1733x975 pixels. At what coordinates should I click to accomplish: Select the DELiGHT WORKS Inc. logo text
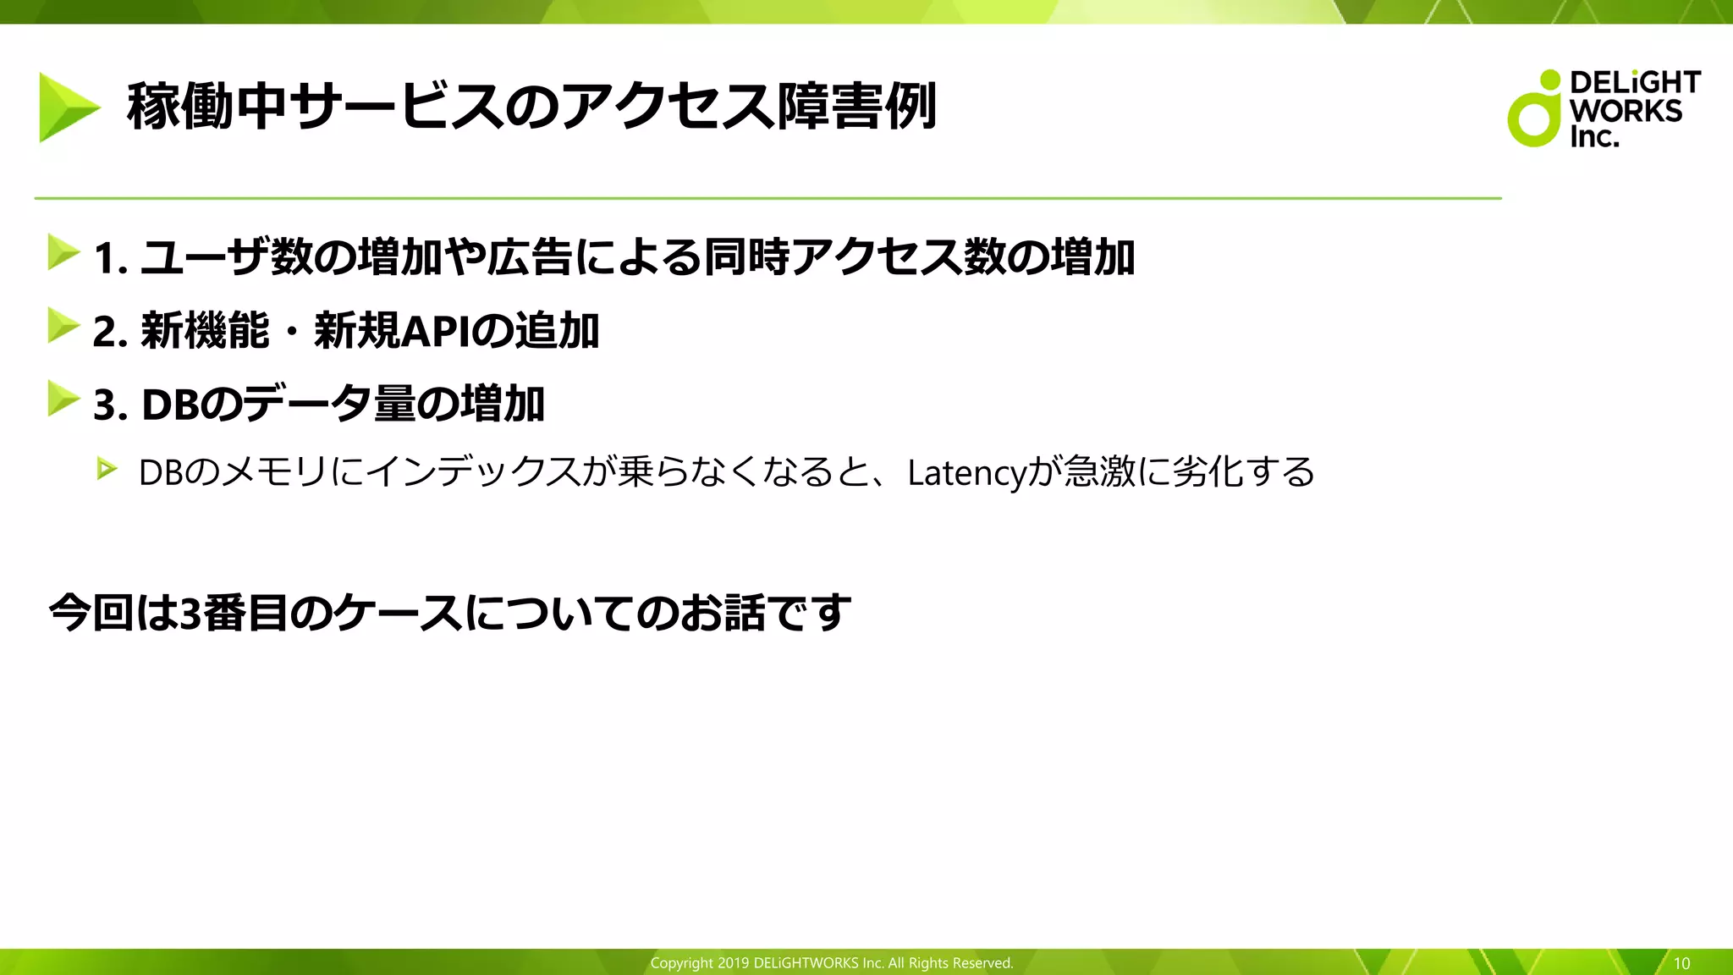(1633, 109)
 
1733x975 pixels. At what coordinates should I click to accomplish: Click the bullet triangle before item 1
(63, 252)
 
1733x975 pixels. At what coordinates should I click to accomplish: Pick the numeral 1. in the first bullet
(110, 258)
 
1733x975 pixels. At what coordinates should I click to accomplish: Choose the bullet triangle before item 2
(63, 326)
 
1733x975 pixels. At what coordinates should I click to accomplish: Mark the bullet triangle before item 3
(63, 399)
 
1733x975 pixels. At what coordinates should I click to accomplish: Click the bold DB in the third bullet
(169, 405)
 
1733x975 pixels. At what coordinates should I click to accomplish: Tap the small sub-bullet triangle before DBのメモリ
(107, 468)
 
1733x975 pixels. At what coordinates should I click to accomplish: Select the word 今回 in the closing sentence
(91, 613)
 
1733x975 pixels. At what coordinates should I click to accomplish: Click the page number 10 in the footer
(1681, 963)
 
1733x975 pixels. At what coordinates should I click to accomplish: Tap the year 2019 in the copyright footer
(733, 963)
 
